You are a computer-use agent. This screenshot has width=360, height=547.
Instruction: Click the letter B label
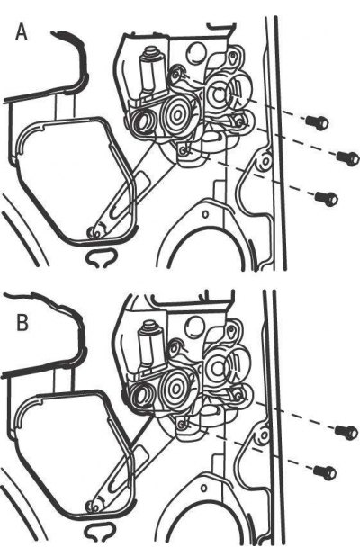point(22,322)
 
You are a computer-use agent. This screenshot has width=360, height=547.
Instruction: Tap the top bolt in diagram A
point(317,121)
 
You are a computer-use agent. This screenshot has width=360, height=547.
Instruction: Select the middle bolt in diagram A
point(347,157)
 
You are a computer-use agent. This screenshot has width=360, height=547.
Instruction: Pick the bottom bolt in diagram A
point(327,199)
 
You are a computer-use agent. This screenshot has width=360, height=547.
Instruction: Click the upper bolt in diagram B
point(346,432)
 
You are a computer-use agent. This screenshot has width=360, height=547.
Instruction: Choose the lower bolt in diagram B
point(325,472)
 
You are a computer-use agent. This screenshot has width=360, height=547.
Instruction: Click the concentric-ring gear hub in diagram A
point(177,114)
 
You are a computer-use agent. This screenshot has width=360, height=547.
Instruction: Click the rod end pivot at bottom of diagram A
point(95,232)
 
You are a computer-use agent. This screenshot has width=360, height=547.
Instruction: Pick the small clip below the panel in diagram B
point(99,531)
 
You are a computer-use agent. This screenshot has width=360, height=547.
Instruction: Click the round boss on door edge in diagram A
point(265,161)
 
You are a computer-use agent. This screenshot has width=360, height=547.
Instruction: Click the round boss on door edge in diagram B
point(264,435)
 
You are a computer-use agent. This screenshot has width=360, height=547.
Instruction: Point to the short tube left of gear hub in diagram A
point(144,122)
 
